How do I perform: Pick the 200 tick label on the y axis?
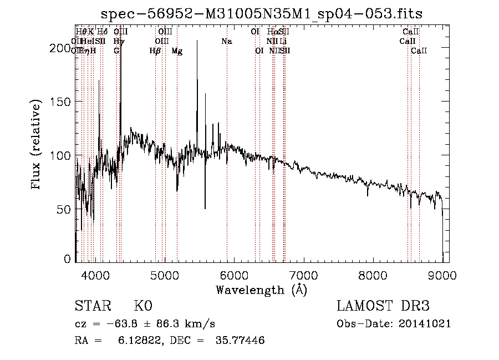pos(61,48)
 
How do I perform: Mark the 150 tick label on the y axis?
pos(61,102)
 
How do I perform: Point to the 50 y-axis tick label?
pos(64,209)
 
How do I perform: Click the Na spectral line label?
pos(226,41)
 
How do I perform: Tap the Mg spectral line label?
pos(177,51)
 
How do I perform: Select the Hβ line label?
pos(155,51)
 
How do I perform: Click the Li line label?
pos(283,41)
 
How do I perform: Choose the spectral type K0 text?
pos(143,306)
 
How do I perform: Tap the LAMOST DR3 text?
pos(383,306)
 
